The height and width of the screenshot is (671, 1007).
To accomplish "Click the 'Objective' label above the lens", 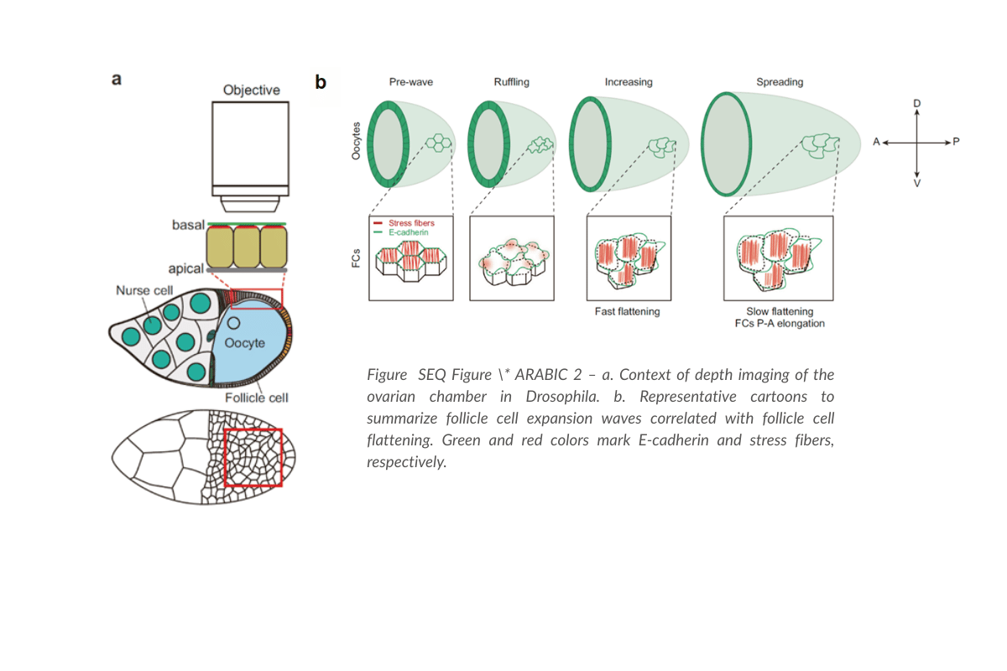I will (251, 90).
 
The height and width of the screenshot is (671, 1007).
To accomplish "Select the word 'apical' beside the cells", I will (186, 269).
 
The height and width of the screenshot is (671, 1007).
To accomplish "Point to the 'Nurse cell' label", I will (143, 290).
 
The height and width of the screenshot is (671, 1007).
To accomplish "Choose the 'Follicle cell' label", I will (256, 398).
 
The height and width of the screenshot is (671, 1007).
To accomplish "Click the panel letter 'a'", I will (117, 80).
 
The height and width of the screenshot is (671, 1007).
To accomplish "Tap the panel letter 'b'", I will (321, 82).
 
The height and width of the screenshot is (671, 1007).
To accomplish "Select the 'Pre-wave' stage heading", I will (410, 82).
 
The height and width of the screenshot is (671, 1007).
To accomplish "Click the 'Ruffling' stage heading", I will (511, 82).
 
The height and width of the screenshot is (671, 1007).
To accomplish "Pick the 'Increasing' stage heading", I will (628, 82).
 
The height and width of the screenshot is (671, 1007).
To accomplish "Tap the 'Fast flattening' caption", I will (628, 311).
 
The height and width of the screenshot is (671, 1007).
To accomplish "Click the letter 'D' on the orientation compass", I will (916, 103).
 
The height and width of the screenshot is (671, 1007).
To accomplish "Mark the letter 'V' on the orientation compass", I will (916, 182).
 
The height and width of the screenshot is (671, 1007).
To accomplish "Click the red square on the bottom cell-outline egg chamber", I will (253, 457).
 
